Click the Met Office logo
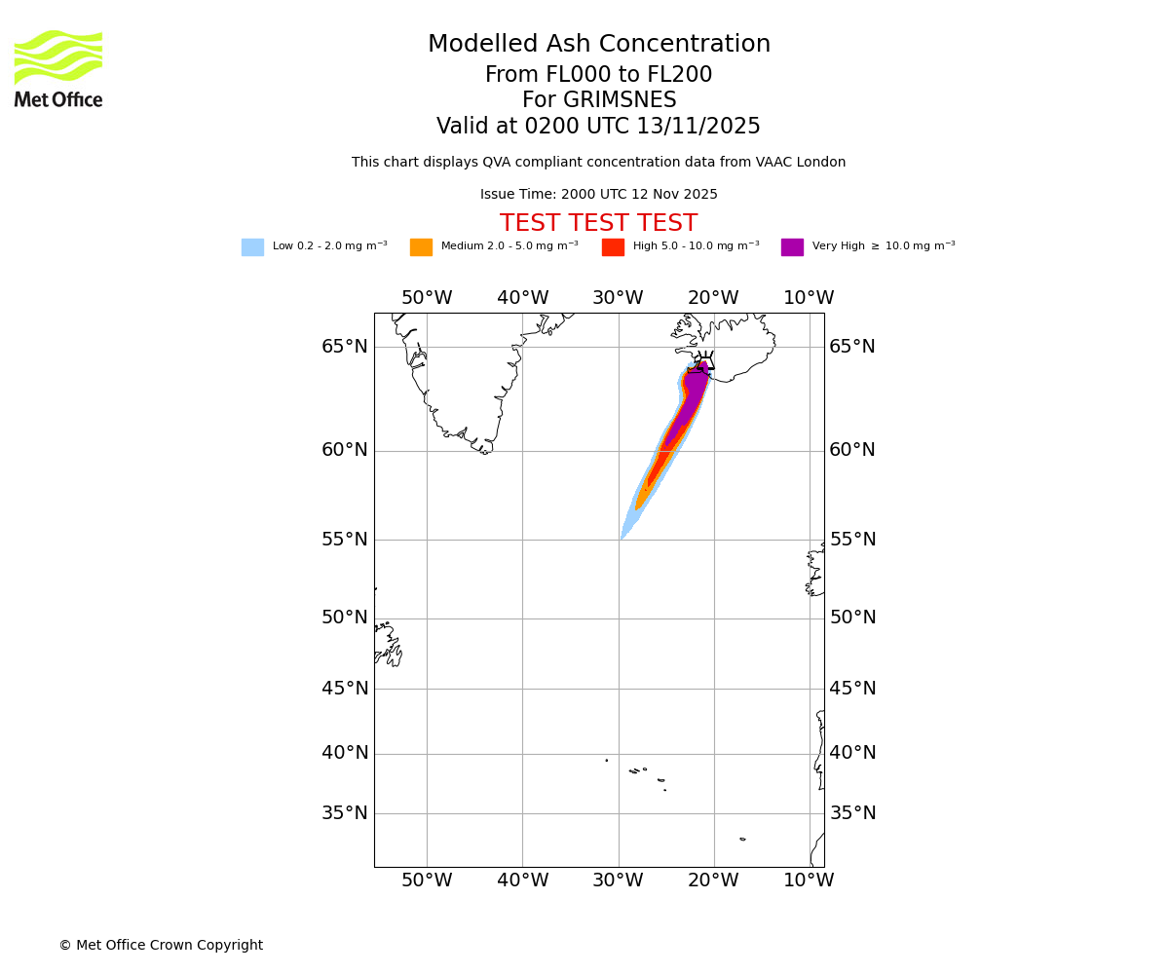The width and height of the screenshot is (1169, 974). coord(58,68)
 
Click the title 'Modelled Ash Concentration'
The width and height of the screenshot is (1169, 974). coord(598,45)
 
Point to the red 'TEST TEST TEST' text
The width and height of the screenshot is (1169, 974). coord(598,224)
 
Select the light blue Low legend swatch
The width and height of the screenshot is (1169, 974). coord(252,247)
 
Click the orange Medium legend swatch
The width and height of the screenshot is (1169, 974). coord(421,247)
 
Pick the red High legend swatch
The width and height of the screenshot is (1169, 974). coord(613,247)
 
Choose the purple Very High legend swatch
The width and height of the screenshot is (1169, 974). coord(792,247)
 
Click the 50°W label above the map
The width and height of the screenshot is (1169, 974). coord(427,298)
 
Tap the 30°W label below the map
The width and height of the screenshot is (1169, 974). coord(618,880)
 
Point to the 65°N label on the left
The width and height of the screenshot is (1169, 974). coord(345,347)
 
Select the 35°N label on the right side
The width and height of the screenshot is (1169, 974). coord(852,813)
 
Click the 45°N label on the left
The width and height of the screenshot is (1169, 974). coord(345,689)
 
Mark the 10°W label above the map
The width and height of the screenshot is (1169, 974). coord(809,298)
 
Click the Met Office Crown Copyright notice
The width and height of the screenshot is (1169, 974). coord(161,946)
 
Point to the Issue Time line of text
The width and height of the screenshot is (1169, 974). coord(598,195)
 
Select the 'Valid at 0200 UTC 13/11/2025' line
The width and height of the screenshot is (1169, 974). coord(598,127)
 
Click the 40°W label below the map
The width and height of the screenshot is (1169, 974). coord(522,880)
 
